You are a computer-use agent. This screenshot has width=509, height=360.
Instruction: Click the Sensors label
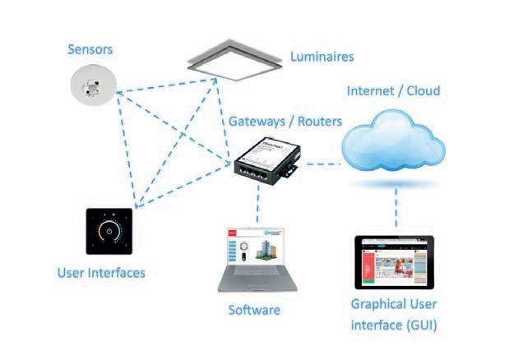point(90,50)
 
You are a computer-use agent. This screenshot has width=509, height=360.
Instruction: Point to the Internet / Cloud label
point(394,90)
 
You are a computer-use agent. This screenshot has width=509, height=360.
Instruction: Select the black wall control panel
point(109,233)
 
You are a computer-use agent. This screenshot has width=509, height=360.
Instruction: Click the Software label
point(254,311)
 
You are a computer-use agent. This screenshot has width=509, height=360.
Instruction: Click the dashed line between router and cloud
point(321,165)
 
